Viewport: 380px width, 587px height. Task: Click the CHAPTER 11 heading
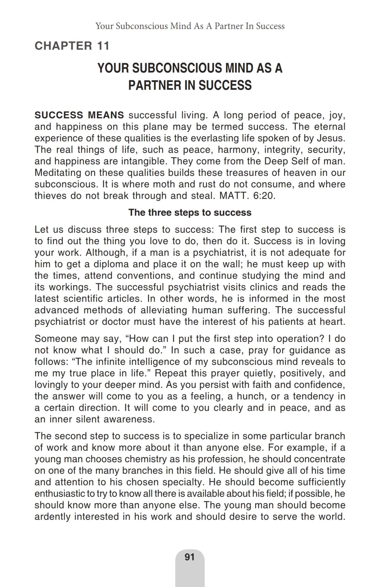[x=72, y=46]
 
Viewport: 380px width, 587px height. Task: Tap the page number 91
[x=190, y=557]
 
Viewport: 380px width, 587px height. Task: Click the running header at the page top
[x=190, y=26]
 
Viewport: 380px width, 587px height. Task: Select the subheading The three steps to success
[x=190, y=212]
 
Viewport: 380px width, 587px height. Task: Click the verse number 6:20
[x=263, y=196]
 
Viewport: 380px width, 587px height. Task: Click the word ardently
[x=53, y=517]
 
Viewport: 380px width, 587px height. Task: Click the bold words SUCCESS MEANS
[x=79, y=115]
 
